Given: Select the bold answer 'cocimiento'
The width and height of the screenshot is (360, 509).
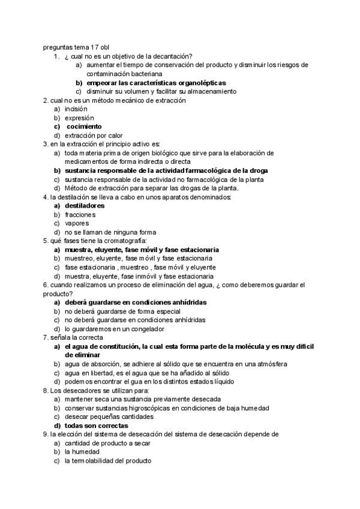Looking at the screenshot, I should coord(84,127).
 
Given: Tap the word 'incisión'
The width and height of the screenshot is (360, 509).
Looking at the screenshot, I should coord(76,109).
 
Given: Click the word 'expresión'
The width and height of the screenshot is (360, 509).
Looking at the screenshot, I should coord(79,118).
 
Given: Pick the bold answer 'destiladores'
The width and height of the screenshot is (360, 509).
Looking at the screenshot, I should coord(85,205).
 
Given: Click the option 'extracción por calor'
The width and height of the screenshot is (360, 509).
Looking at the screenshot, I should coord(94,135).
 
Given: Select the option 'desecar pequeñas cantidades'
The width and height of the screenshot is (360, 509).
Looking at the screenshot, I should coord(109,416).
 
